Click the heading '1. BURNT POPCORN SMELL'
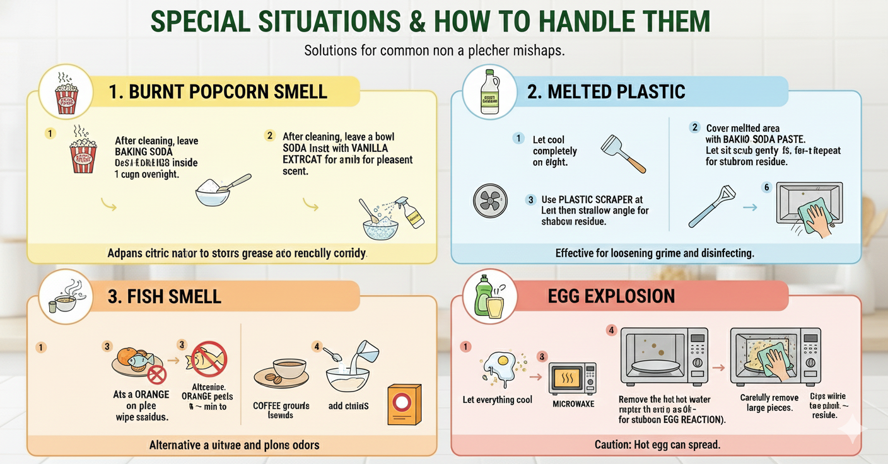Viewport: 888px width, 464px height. (218, 91)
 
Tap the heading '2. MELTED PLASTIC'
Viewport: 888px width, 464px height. (605, 91)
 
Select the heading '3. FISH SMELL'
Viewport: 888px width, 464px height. (164, 296)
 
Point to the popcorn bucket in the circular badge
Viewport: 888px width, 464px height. (66, 98)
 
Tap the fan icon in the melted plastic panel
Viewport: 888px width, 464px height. (490, 201)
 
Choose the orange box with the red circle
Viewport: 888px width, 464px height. (404, 404)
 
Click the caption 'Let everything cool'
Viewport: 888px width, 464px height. (497, 400)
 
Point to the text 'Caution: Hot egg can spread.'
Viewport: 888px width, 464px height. (657, 444)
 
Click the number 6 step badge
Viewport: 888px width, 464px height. (767, 187)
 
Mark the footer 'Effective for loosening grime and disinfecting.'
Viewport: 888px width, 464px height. (655, 253)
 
